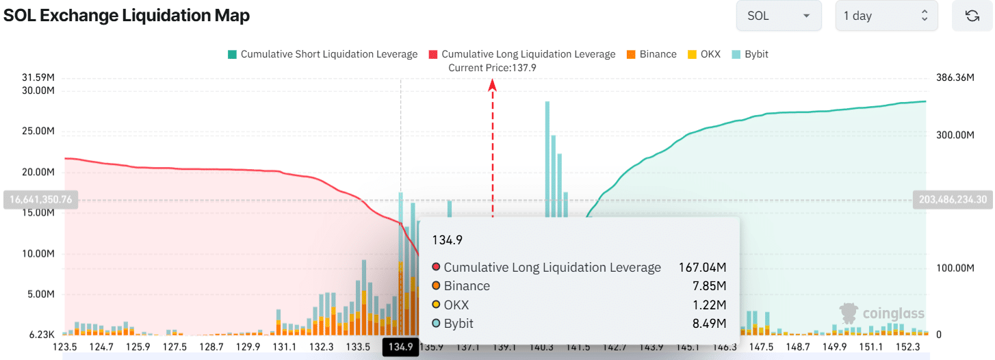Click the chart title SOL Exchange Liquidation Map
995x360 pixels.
click(127, 16)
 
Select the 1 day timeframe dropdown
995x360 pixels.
click(886, 16)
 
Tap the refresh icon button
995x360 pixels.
click(972, 16)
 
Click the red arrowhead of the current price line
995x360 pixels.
click(492, 84)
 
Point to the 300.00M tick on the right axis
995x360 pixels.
click(955, 135)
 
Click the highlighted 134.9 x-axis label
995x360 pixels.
click(400, 347)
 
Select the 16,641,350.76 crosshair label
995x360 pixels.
click(42, 200)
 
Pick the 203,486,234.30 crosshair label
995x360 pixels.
click(953, 200)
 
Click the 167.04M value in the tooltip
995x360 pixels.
click(702, 268)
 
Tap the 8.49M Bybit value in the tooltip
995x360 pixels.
click(710, 324)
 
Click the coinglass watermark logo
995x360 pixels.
click(882, 313)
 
